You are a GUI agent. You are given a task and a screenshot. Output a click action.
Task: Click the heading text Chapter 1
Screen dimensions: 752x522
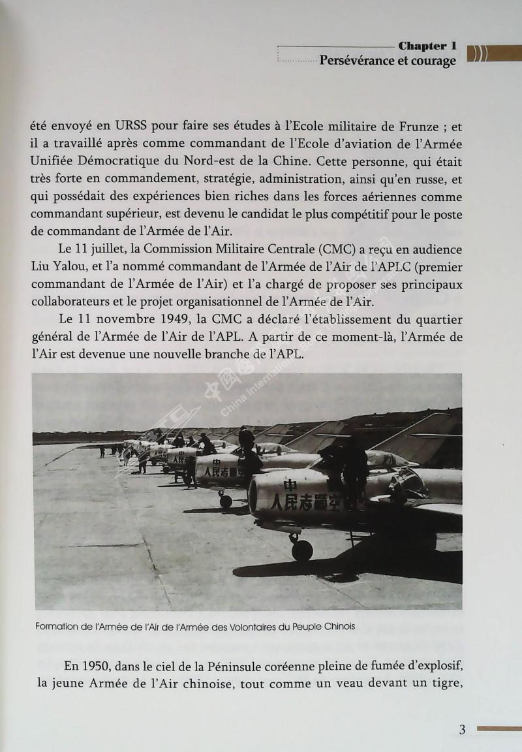pos(427,46)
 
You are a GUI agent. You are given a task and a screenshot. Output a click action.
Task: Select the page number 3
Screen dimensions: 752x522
pos(462,730)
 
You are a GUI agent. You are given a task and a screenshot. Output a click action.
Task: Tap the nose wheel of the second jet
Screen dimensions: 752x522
pos(226,501)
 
